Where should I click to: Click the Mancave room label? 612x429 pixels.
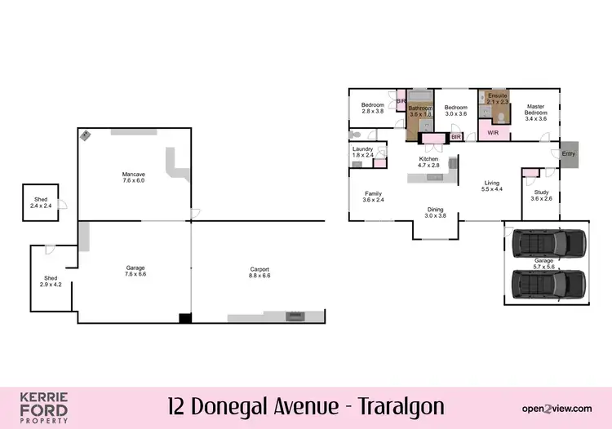(133, 177)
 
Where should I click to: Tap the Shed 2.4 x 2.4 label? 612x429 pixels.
(40, 203)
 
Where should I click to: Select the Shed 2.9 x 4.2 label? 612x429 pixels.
(51, 282)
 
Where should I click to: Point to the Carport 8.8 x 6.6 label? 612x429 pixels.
(260, 273)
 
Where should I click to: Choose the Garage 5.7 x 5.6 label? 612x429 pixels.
(543, 264)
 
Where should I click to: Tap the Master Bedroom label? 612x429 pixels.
(535, 111)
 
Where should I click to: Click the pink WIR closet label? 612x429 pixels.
(493, 131)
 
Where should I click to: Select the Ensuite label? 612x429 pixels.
(497, 99)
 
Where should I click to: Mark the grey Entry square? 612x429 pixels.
(568, 154)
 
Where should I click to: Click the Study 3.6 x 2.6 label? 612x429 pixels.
(541, 195)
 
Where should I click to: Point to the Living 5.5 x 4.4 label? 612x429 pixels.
(491, 186)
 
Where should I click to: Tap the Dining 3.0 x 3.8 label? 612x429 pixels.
(436, 212)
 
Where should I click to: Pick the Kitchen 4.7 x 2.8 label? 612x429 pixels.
(429, 161)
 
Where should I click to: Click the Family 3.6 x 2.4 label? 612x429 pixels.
(372, 196)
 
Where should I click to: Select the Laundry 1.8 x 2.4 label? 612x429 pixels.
(362, 152)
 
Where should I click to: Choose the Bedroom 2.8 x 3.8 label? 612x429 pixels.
(373, 108)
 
